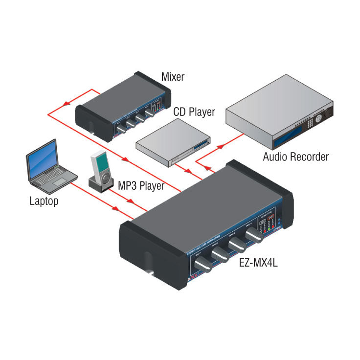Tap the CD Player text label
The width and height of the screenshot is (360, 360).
coord(194,112)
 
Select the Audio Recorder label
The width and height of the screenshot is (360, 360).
coord(295,157)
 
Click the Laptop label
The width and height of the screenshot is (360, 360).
coord(44,201)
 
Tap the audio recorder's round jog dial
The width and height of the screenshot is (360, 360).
coord(319,118)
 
